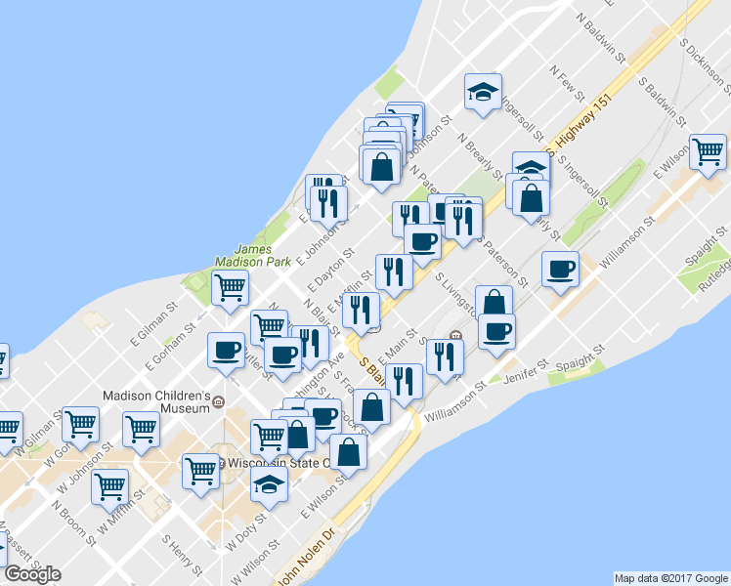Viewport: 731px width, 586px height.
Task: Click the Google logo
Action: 32,574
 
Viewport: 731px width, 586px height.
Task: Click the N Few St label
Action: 568,84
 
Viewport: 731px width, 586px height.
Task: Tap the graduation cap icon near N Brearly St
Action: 483,93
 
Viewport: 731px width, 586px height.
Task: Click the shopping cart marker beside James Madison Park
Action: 230,288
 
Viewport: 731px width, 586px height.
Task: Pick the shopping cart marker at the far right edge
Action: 708,152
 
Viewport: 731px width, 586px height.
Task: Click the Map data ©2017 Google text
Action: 670,578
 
